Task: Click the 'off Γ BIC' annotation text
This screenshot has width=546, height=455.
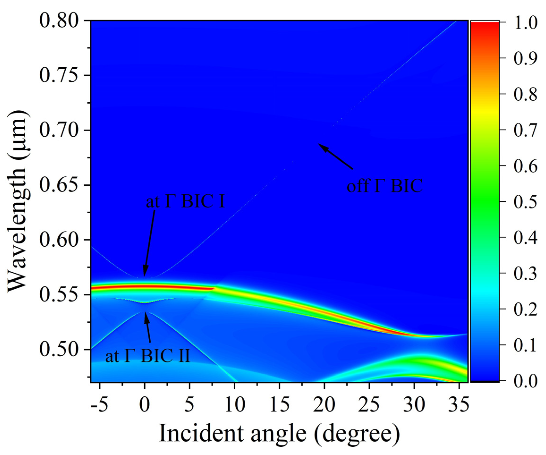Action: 385,186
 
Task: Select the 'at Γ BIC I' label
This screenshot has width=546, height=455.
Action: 185,202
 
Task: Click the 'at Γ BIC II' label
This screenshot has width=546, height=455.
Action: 148,356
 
